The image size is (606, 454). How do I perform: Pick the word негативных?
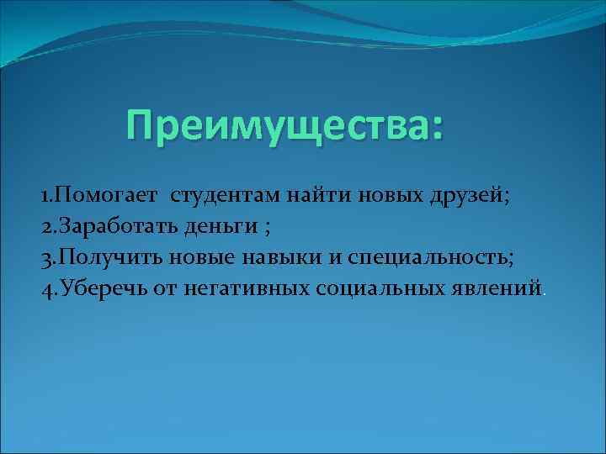(x=243, y=289)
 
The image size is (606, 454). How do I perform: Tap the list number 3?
(x=46, y=258)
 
